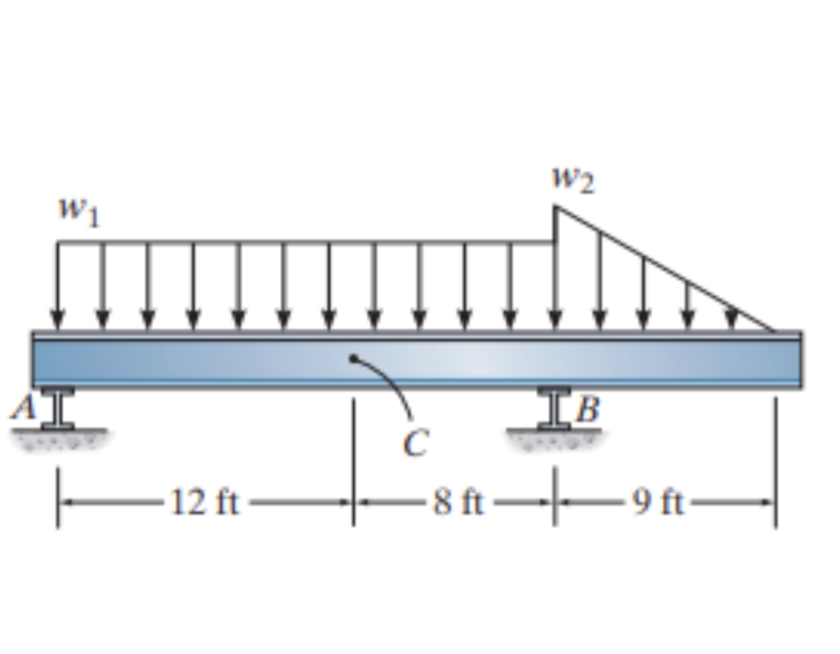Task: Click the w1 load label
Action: point(78,213)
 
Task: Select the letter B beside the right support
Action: point(588,410)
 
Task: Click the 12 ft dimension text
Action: point(205,504)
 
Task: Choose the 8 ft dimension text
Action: point(458,504)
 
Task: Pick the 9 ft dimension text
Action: point(658,504)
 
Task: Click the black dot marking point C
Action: point(354,358)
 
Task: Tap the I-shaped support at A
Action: point(57,408)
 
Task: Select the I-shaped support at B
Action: point(555,408)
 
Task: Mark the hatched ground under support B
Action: point(555,439)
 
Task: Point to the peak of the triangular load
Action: point(555,206)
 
